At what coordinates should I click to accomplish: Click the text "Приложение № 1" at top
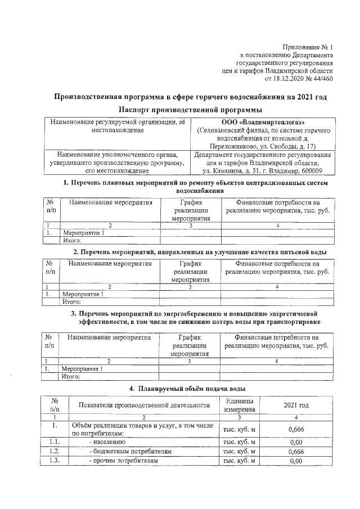[x=307, y=47]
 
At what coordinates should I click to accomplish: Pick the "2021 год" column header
[x=296, y=405]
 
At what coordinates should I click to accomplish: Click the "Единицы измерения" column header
[x=239, y=404]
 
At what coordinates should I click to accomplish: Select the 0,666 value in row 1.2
[x=295, y=451]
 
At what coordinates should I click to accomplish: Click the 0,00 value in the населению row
[x=295, y=442]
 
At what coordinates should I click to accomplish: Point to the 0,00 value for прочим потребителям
[x=295, y=461]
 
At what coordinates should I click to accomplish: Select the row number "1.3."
[x=55, y=461]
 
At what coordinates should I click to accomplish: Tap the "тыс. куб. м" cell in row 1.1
[x=240, y=442]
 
